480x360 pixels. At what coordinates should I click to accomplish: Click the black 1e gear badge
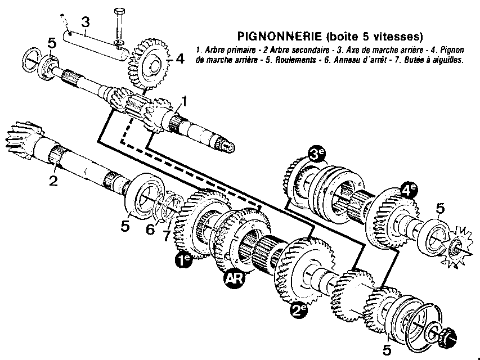183,260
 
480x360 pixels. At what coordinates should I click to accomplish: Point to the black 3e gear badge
317,155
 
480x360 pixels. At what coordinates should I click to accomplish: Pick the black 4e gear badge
409,190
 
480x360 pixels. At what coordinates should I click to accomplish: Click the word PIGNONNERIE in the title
280,37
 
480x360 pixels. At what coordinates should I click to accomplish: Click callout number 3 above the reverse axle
86,22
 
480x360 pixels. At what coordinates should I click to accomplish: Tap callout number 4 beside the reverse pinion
180,58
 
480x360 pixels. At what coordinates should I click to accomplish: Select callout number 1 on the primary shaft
183,101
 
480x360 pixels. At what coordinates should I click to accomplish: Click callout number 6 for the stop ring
150,229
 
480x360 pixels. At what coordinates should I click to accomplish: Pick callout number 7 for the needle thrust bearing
167,235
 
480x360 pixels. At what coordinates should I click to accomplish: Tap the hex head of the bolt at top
119,12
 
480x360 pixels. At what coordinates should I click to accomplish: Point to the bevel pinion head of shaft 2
24,141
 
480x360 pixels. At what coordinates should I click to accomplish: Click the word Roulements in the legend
295,60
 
